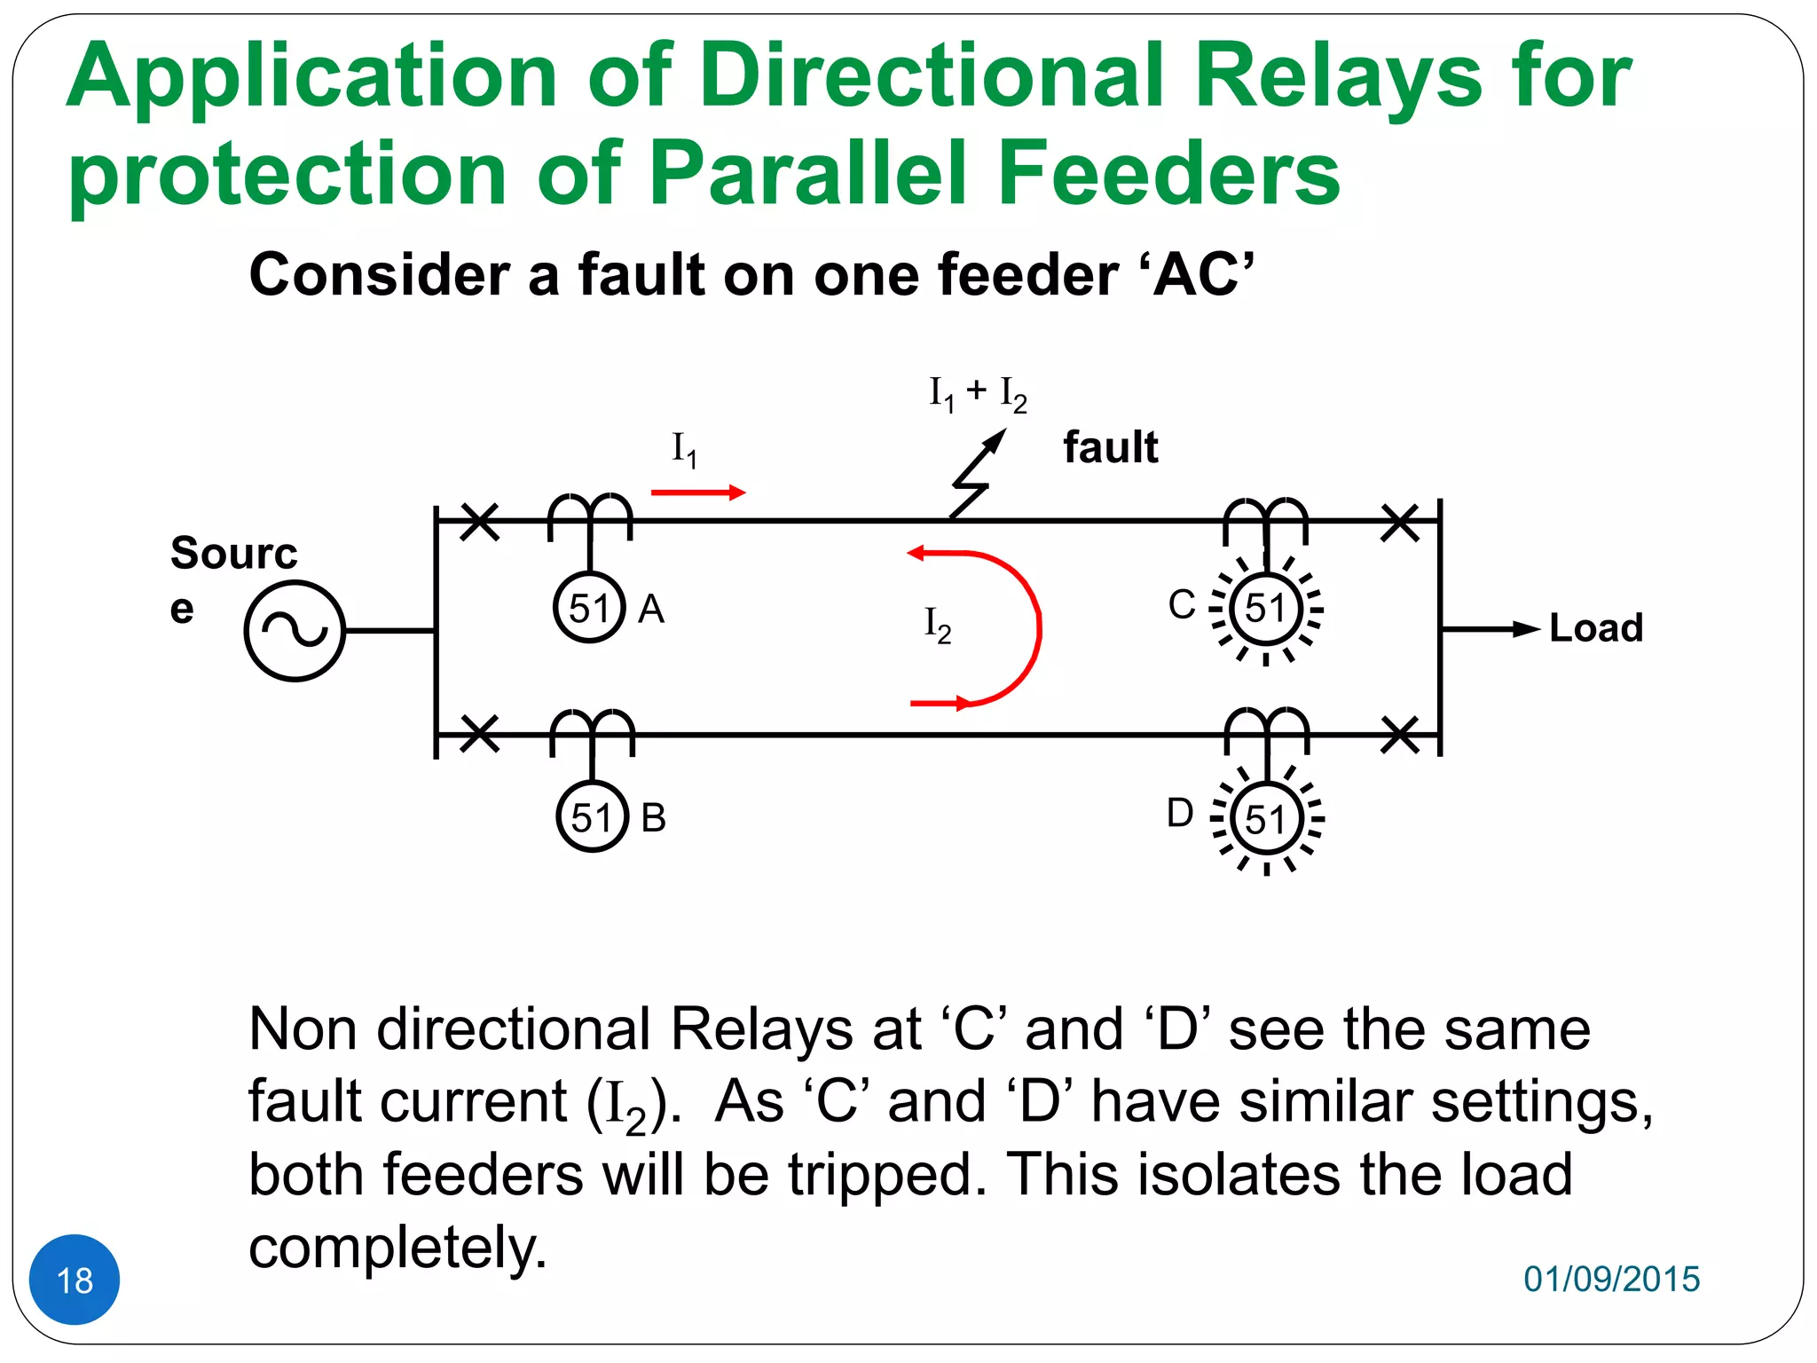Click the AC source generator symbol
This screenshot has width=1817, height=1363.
pos(294,631)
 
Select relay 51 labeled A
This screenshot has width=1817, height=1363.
pos(589,609)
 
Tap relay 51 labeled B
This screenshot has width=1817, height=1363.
pos(592,817)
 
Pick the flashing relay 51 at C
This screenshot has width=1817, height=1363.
pos(1266,609)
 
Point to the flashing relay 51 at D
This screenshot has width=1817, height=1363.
pos(1266,819)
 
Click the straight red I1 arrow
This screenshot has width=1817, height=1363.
pos(697,492)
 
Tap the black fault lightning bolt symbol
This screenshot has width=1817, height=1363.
pos(976,475)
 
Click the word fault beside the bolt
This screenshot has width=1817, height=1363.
pos(1110,447)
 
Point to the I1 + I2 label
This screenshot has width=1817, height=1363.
pos(978,393)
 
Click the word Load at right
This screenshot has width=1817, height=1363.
pos(1595,628)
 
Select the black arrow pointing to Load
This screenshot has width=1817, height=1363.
pos(1491,629)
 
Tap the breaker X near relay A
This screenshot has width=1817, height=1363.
pos(480,522)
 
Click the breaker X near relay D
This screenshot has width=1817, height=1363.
pos(1400,736)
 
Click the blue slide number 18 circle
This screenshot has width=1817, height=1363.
pos(75,1280)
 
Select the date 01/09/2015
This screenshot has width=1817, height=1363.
pos(1611,1279)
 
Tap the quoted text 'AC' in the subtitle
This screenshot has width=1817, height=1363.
pos(1203,274)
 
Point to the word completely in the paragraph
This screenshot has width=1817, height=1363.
pos(397,1247)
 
